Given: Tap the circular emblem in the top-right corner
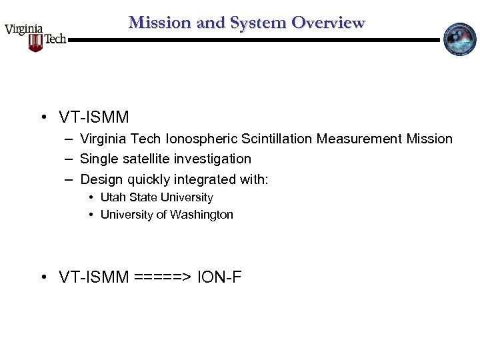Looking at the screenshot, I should [x=460, y=39].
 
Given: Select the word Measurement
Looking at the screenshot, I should [x=359, y=139].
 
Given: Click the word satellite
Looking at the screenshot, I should [x=144, y=159].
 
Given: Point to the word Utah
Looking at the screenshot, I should [x=113, y=197].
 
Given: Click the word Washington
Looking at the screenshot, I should [x=201, y=215].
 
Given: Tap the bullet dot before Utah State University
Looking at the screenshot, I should [x=91, y=197].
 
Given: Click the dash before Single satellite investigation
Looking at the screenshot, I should [x=69, y=159].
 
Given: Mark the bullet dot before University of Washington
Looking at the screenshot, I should [x=91, y=215].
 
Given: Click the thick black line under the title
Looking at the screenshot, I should [x=253, y=40].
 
